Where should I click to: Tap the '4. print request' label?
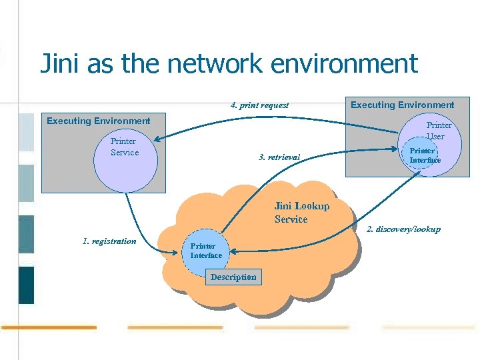(259, 105)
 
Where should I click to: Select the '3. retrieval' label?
(279, 157)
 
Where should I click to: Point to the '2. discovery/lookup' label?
(403, 229)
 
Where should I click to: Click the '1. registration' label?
(109, 241)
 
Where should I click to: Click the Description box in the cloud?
(233, 277)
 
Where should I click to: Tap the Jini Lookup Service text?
(301, 213)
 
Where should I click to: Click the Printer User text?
(438, 131)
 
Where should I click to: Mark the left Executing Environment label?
(98, 121)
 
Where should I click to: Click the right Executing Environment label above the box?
(402, 105)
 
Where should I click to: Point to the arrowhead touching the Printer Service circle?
(156, 140)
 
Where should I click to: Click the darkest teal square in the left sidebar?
(26, 285)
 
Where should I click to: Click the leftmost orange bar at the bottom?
(49, 327)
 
